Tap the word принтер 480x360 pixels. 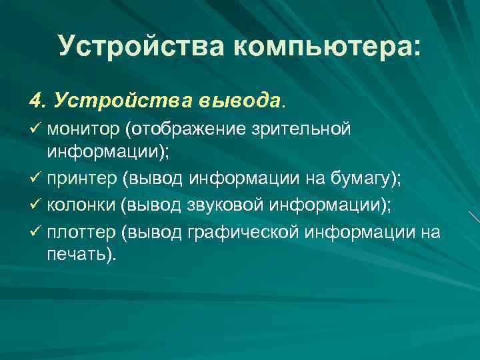80,179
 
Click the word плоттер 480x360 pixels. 81,231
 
